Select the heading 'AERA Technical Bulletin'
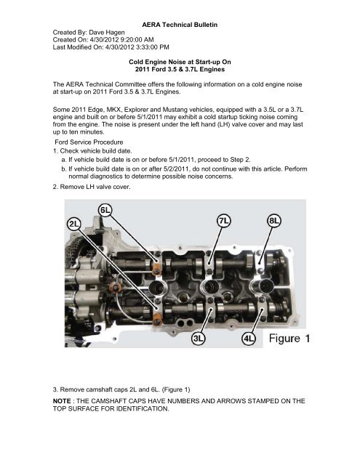click(180, 25)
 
